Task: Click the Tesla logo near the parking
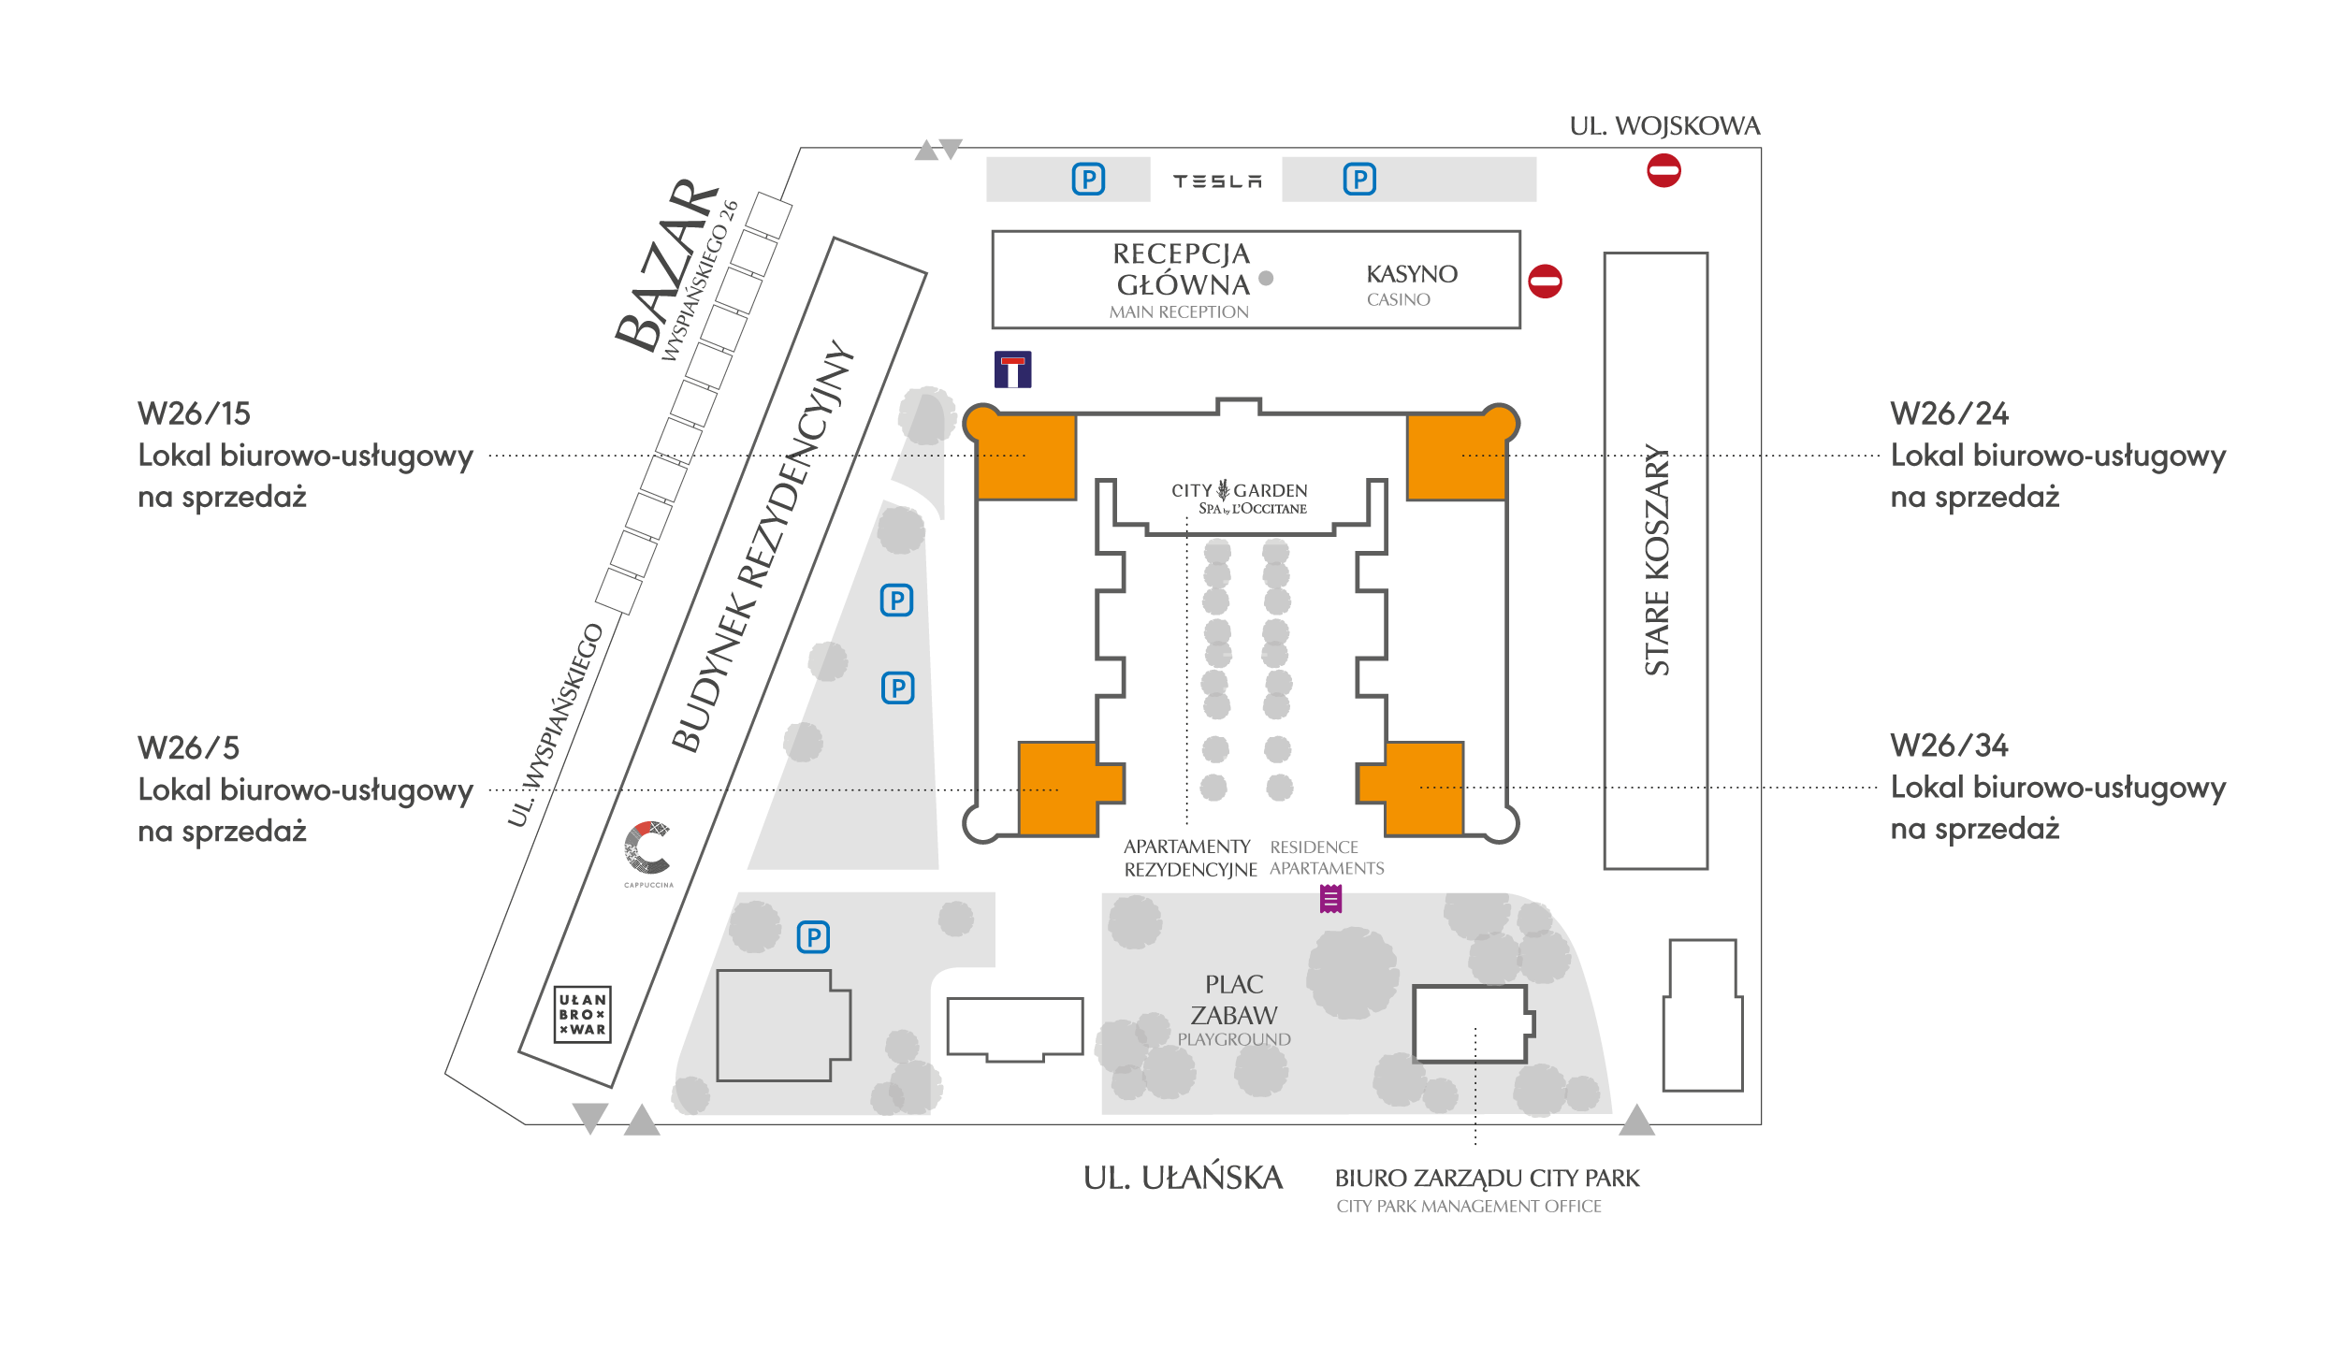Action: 1217,181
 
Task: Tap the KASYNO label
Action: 1411,274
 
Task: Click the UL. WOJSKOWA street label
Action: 1664,126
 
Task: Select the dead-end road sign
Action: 1012,369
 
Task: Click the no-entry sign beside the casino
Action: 1545,282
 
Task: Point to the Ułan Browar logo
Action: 582,1014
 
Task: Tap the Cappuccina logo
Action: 647,850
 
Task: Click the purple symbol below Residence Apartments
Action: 1330,899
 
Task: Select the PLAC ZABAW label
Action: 1234,1000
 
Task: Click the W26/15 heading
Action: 194,413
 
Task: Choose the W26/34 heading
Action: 1949,746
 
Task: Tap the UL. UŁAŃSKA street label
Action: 1183,1178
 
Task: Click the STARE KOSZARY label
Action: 1657,559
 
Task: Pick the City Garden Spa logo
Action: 1239,498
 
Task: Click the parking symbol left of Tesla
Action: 1088,179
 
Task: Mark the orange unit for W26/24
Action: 1456,457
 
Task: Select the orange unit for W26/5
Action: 1062,788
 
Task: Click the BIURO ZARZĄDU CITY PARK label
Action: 1487,1179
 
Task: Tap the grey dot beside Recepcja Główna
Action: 1266,278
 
